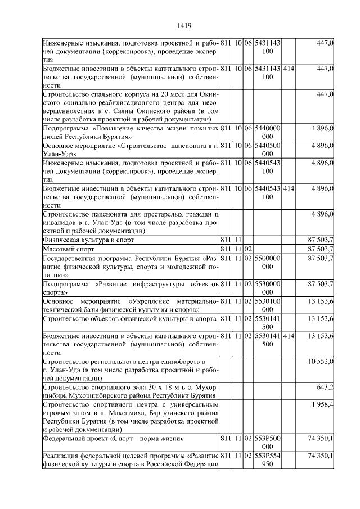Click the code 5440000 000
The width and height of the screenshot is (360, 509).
tap(268, 132)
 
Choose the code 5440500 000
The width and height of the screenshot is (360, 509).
tap(268, 149)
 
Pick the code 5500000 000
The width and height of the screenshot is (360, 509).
tap(268, 262)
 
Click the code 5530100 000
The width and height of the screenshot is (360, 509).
tap(268, 305)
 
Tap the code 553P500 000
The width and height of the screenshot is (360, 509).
tap(268, 442)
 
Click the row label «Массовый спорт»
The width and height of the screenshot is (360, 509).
tap(66, 249)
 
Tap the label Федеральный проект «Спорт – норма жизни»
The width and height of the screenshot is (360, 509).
tap(113, 438)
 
